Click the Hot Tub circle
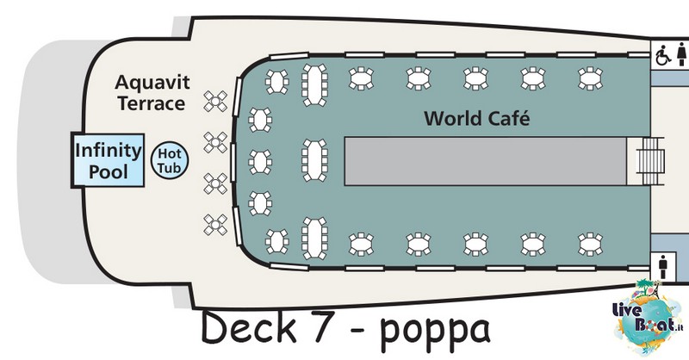point(170,160)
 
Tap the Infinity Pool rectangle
point(109,160)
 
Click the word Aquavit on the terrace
point(152,82)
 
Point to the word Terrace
point(152,103)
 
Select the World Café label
point(477,118)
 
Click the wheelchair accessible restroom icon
point(663,56)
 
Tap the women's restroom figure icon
point(681,54)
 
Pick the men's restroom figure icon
point(663,267)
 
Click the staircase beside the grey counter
point(651,161)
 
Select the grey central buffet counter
point(486,161)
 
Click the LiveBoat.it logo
point(649,317)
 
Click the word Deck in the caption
point(249,327)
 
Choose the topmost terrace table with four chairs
point(215,102)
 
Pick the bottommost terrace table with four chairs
point(215,225)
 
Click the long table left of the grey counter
point(314,160)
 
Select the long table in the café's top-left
point(314,85)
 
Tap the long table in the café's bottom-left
point(314,239)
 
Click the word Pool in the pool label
point(109,171)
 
